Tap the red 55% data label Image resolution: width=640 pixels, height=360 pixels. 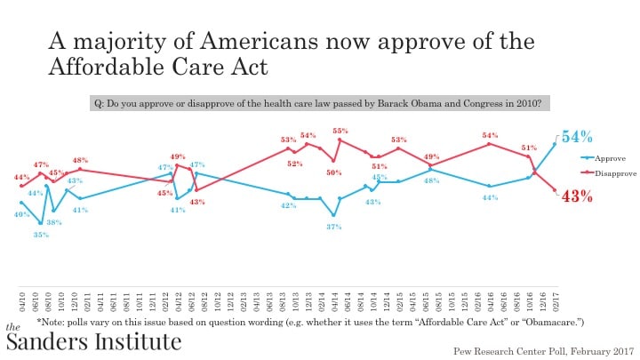pyautogui.click(x=340, y=131)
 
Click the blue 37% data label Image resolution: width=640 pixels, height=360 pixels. pyautogui.click(x=333, y=227)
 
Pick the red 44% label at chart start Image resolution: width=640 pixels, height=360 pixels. pyautogui.click(x=21, y=178)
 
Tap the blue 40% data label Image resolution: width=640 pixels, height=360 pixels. pyautogui.click(x=20, y=214)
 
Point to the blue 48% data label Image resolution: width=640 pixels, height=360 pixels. pyautogui.click(x=429, y=180)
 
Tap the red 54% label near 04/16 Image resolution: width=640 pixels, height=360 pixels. pyautogui.click(x=490, y=136)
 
